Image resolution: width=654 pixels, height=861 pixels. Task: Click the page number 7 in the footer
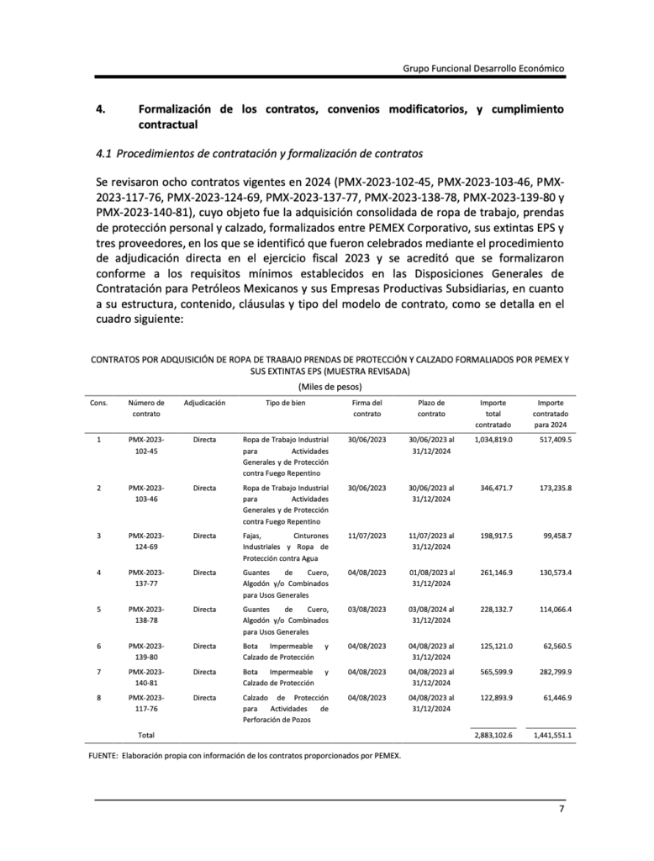(562, 810)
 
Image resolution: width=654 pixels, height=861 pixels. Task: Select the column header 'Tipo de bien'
(285, 404)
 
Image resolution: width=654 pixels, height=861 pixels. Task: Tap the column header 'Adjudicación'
(204, 404)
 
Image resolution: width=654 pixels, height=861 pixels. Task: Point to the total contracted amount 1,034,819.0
(493, 440)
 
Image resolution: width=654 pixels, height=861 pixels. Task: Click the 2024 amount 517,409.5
(553, 440)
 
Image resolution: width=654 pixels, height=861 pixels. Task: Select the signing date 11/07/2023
(367, 536)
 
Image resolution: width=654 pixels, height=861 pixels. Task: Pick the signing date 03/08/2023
(367, 608)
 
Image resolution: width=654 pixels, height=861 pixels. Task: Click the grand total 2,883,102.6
(493, 735)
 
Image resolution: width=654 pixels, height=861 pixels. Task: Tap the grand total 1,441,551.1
(553, 735)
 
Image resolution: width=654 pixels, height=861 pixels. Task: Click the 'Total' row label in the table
(146, 735)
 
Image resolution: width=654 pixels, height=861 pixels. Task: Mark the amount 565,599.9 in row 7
(493, 672)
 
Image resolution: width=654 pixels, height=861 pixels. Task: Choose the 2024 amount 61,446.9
(553, 698)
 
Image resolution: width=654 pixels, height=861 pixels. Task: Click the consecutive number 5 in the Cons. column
(99, 608)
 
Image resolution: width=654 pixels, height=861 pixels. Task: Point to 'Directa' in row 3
(204, 536)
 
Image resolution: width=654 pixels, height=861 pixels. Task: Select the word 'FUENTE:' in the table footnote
(106, 754)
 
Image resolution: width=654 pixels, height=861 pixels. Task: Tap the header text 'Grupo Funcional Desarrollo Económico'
(483, 67)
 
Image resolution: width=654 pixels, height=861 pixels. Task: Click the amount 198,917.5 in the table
(493, 536)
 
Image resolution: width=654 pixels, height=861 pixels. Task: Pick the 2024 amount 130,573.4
(553, 573)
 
